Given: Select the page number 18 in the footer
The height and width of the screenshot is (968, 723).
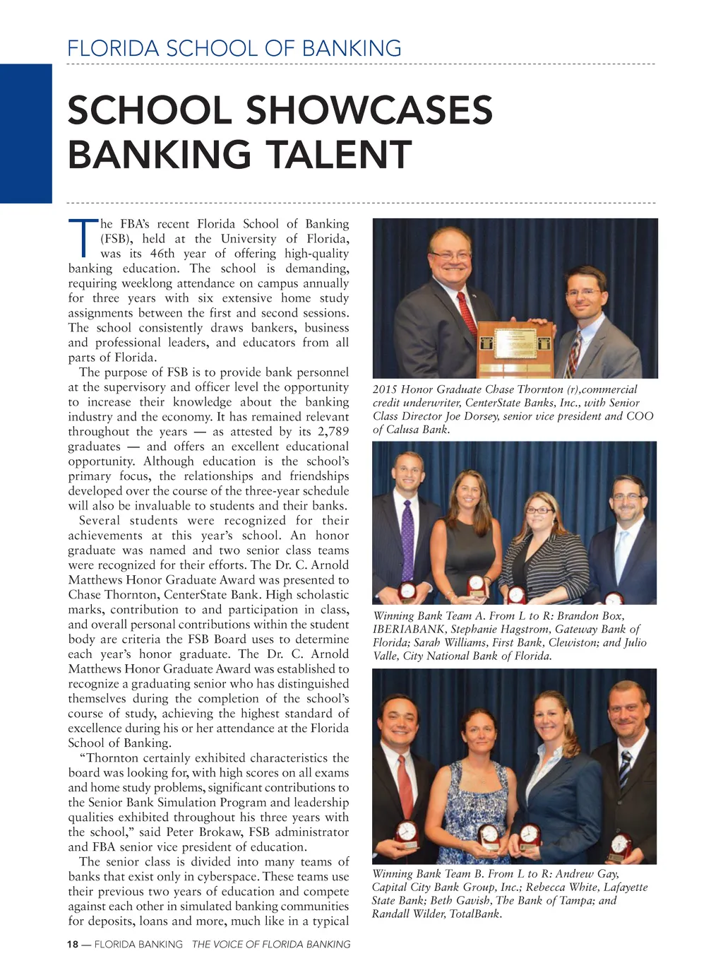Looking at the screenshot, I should click(73, 944).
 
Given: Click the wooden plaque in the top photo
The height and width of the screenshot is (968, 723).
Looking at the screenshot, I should click(514, 347).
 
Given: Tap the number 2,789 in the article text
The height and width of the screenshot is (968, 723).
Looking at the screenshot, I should click(329, 432).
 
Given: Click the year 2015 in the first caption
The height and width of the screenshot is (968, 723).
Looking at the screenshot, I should click(386, 389).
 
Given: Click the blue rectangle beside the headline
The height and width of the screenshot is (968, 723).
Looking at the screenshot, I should click(25, 134).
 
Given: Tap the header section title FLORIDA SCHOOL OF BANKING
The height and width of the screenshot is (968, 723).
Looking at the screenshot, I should click(234, 49).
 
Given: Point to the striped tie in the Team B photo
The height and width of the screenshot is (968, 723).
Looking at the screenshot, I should click(625, 770).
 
